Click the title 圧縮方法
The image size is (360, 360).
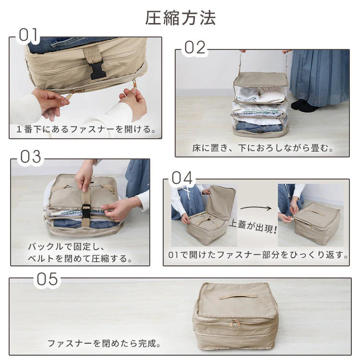(x=180, y=17)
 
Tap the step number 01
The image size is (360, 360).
(x=28, y=35)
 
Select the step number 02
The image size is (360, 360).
(x=195, y=48)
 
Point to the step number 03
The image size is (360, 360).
(x=30, y=157)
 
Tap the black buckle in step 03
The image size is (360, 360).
(x=86, y=211)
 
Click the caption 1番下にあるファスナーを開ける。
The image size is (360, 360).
(x=85, y=129)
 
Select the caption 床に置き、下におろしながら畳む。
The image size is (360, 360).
(x=262, y=148)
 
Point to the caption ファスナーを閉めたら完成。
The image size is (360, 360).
(x=104, y=343)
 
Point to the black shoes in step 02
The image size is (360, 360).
(x=303, y=105)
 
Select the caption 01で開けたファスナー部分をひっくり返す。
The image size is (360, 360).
(x=258, y=255)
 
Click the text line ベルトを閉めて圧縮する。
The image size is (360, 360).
(x=80, y=259)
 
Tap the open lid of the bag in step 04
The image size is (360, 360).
(x=220, y=202)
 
